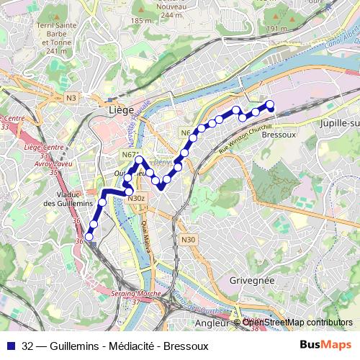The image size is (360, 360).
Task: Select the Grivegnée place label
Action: [253, 279]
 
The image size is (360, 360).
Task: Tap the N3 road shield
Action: [71, 97]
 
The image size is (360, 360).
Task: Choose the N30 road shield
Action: [189, 240]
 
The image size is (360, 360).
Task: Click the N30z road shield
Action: [137, 198]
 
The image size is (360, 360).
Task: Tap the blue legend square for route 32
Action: [10, 346]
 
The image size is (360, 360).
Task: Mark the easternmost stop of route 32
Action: [271, 105]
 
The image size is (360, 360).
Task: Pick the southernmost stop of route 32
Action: [89, 236]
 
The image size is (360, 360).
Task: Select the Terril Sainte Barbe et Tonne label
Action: [55, 37]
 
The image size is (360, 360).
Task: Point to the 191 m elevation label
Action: [276, 29]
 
